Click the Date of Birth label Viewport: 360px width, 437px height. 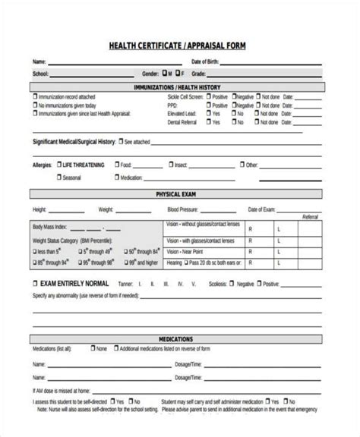[207, 61]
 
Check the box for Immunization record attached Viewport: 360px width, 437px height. [34, 98]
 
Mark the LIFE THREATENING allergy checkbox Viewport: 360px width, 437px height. [58, 164]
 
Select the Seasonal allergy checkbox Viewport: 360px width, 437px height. [58, 178]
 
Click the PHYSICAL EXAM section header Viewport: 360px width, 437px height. [179, 195]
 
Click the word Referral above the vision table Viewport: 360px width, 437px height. [310, 217]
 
